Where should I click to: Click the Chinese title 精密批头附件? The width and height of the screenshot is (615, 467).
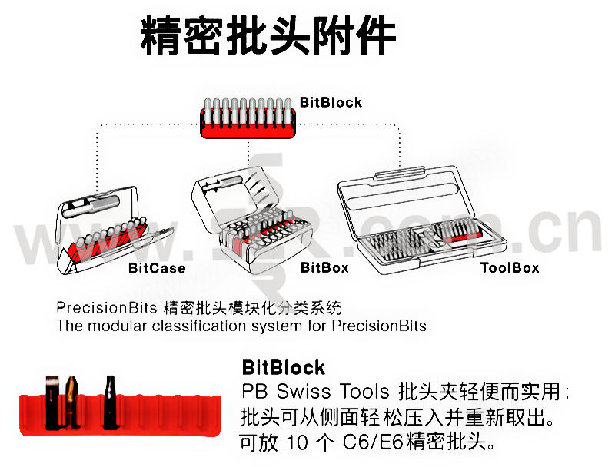coord(268,35)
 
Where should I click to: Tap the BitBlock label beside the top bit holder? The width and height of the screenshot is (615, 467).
coord(331,102)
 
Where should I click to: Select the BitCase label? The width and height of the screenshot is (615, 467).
coord(157,268)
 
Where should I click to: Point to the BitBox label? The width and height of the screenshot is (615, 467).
coord(324,267)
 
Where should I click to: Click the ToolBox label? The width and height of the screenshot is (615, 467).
coord(509,267)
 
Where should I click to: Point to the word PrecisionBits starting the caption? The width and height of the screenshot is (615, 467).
coord(107,308)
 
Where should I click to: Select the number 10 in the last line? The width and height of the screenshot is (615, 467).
coord(297,443)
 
